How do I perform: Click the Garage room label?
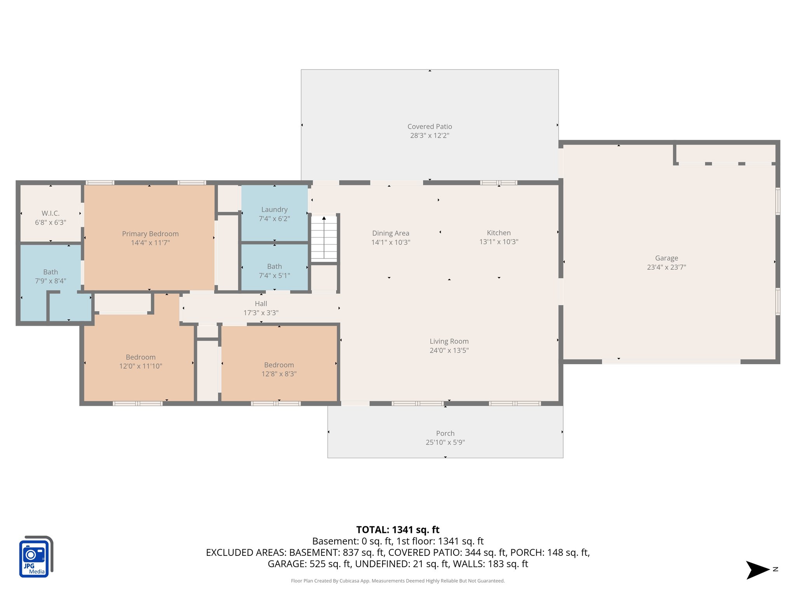(666, 258)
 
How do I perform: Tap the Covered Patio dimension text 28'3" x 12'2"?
(429, 136)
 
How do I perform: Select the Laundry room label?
(274, 209)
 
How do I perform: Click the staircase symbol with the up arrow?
(324, 238)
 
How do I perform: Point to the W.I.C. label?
(51, 213)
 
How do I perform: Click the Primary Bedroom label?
(150, 234)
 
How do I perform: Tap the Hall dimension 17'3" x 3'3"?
(261, 313)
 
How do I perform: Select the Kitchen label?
(499, 233)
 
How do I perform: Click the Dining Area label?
(391, 233)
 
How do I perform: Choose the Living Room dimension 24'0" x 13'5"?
(449, 351)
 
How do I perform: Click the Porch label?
(445, 433)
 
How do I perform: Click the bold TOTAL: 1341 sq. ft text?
(398, 530)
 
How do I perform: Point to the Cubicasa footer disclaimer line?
(398, 581)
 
